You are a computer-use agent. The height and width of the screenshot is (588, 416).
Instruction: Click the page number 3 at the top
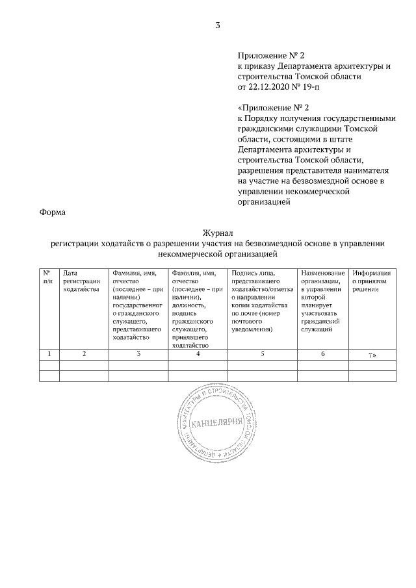218,26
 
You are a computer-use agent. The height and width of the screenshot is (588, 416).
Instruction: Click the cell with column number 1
49,353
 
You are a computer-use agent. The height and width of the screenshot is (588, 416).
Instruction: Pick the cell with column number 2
83,353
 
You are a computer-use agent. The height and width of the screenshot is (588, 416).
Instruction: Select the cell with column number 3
138,353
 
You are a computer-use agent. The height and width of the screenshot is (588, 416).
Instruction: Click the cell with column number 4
198,353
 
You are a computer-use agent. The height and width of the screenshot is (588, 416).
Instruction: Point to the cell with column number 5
262,353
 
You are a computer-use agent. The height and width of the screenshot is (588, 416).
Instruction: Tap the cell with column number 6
322,353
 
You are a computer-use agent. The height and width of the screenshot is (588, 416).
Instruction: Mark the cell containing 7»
372,354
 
